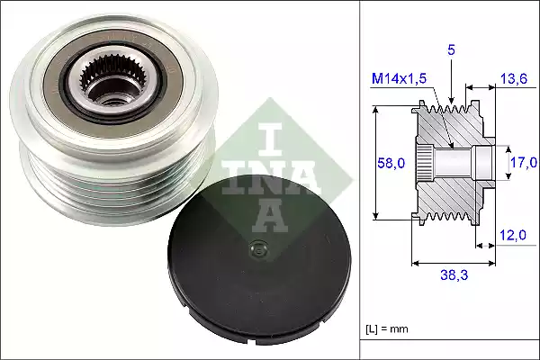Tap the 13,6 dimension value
513,80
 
